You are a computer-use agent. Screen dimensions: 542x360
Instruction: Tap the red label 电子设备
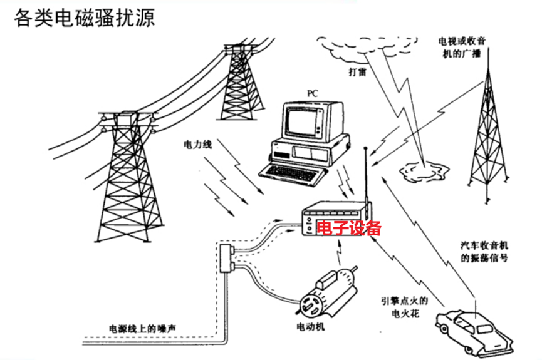pyautogui.click(x=348, y=228)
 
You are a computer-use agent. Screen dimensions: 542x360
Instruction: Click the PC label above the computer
pyautogui.click(x=312, y=93)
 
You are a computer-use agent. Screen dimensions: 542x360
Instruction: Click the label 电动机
pyautogui.click(x=310, y=327)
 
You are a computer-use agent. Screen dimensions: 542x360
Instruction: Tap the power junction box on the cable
pyautogui.click(x=226, y=258)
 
